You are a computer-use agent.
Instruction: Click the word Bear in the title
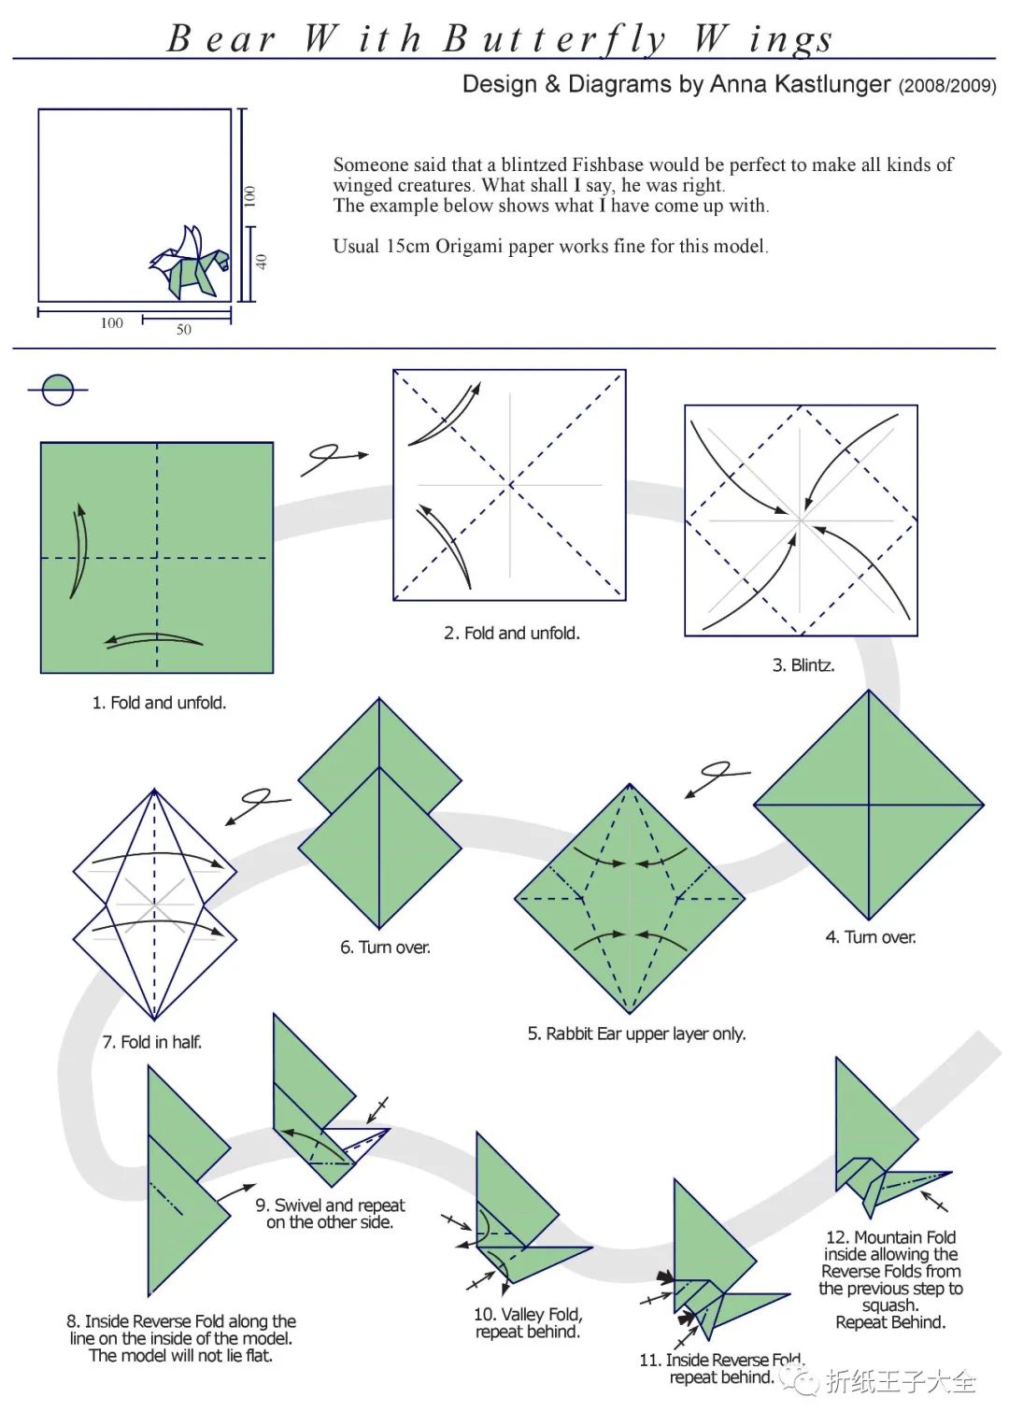coord(221,39)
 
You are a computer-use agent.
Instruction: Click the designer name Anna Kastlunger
coord(800,84)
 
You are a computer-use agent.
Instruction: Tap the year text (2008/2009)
coord(946,86)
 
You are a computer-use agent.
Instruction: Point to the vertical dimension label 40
coord(262,262)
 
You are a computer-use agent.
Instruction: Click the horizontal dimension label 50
coord(184,330)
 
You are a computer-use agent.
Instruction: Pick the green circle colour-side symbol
coord(58,390)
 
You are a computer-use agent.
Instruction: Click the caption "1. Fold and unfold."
coord(159,703)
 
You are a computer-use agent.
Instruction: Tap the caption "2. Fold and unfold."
coord(512,633)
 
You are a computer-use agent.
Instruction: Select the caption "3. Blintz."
coord(803,665)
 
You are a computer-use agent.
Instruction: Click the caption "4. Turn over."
coord(870,936)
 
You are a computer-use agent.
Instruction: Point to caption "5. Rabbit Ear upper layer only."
coord(636,1034)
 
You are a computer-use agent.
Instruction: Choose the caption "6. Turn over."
coord(385,947)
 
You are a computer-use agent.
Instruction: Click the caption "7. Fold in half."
coord(152,1042)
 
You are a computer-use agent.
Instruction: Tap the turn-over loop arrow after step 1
coord(333,457)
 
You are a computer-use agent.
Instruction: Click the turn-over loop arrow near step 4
coord(717,776)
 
